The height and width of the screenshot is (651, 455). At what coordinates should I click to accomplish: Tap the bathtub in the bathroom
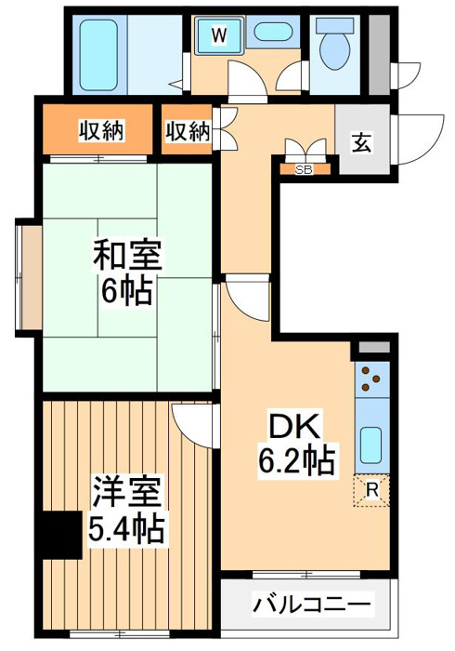(96, 52)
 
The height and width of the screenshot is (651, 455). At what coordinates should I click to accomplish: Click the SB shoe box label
(303, 169)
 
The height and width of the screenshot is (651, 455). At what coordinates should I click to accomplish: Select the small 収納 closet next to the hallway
(188, 131)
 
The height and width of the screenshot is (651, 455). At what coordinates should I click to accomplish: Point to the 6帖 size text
(124, 290)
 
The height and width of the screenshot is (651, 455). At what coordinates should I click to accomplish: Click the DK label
(294, 427)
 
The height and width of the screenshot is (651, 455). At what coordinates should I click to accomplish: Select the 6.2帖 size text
(296, 459)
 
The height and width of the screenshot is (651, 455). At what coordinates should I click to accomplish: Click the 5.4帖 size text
(127, 530)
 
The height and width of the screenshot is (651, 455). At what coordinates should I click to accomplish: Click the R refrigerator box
(372, 488)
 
